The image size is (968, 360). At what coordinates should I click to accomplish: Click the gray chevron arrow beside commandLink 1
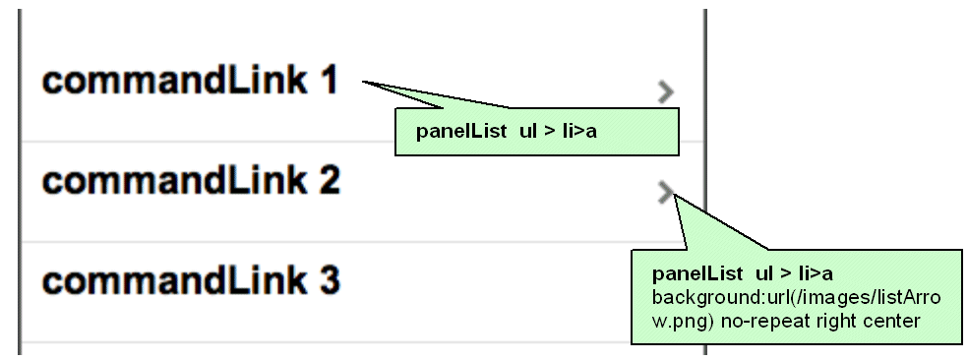click(x=666, y=91)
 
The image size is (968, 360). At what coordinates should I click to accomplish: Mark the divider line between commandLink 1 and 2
click(x=364, y=142)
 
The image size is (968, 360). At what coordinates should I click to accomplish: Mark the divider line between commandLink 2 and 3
click(x=364, y=241)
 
